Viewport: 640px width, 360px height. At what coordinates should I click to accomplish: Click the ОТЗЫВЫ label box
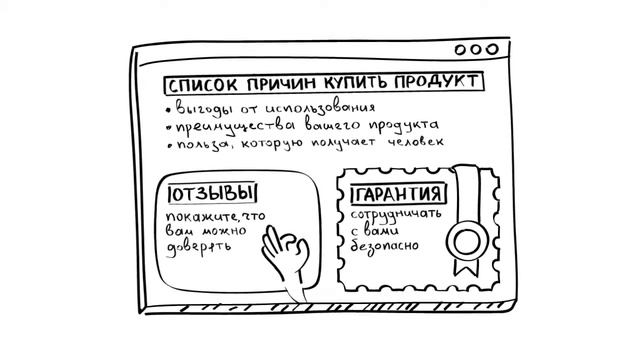(212, 193)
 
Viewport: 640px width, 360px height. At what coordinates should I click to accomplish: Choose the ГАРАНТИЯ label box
(398, 193)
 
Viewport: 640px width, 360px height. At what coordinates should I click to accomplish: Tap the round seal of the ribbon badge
(463, 241)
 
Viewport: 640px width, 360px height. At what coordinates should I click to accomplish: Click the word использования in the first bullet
(318, 108)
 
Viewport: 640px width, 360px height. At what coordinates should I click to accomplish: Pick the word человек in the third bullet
(412, 144)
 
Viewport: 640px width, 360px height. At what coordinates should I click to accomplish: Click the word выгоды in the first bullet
(202, 108)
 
